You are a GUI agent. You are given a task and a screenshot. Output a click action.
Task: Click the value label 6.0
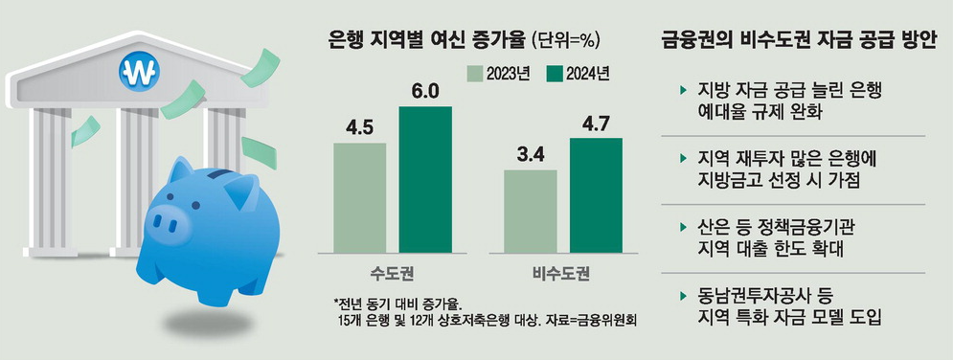[x=425, y=92]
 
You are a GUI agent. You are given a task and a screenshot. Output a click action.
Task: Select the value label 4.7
[x=595, y=124]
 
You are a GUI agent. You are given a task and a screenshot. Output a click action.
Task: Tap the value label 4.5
[x=359, y=128]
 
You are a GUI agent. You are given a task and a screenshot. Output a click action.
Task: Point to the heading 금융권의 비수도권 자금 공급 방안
[x=798, y=39]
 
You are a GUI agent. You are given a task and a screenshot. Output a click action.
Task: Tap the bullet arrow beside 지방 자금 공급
[x=681, y=90]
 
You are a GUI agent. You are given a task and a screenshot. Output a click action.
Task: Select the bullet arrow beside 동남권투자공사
[x=681, y=296]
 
